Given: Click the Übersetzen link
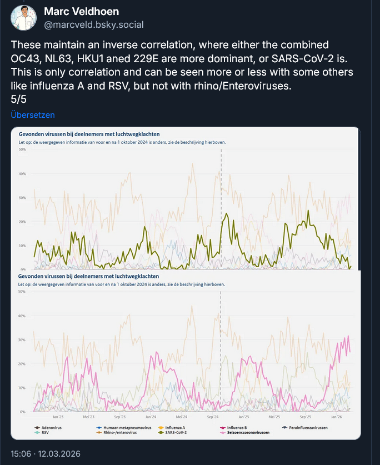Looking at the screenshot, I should coord(33,115).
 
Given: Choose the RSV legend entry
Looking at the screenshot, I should coord(45,432).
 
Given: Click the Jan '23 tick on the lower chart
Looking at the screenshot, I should coord(58,416).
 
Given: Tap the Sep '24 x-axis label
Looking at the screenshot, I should coord(212,416).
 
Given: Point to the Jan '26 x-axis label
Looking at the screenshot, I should coord(337,416).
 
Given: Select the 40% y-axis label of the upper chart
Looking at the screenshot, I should coord(22,174).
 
